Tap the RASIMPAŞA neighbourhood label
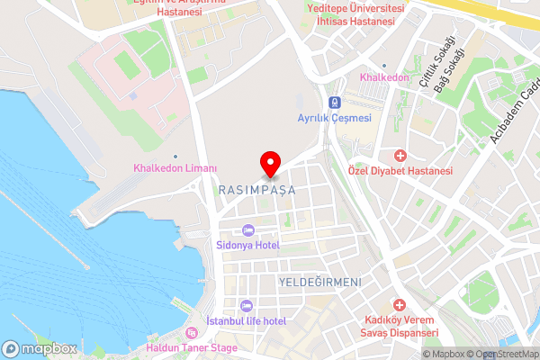(x=257, y=190)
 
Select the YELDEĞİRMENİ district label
(x=320, y=282)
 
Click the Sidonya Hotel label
(x=248, y=245)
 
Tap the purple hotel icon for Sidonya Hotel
(x=248, y=229)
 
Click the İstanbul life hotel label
(x=246, y=321)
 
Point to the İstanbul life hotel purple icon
(x=246, y=306)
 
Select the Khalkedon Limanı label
(x=175, y=168)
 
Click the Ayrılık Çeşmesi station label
(x=334, y=118)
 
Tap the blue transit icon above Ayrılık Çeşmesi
(x=334, y=102)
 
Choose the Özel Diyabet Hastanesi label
(x=400, y=171)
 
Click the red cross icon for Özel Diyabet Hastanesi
(x=400, y=156)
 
